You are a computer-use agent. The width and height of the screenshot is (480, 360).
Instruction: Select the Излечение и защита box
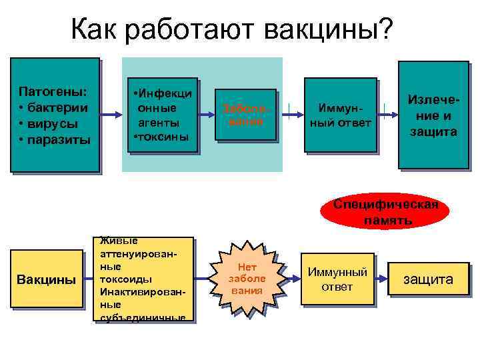click(x=433, y=115)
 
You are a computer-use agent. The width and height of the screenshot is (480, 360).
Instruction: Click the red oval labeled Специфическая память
click(x=386, y=211)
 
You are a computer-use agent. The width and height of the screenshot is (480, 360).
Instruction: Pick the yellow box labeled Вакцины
click(x=46, y=279)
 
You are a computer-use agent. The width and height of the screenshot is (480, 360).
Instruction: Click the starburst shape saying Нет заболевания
click(x=247, y=279)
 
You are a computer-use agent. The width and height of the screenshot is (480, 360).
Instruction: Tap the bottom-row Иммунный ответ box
click(x=337, y=279)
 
